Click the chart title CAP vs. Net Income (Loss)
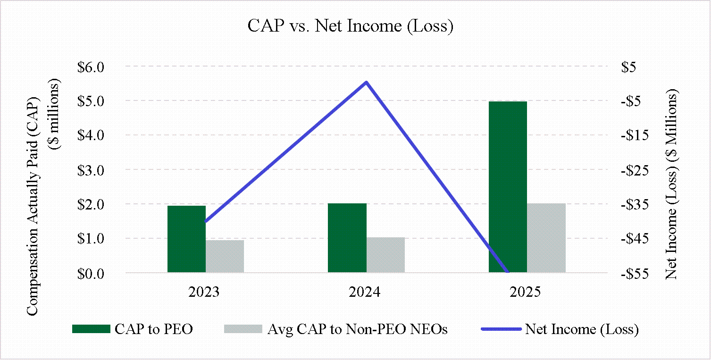351,26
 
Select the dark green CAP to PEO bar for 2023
186,239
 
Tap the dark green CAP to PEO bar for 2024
347,238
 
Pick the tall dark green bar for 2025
508,187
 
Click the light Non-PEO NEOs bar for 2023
225,256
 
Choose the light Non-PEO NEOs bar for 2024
385,255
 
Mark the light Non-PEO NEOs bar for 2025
546,238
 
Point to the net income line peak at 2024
366,83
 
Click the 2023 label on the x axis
204,292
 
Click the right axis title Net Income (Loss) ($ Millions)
672,185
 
